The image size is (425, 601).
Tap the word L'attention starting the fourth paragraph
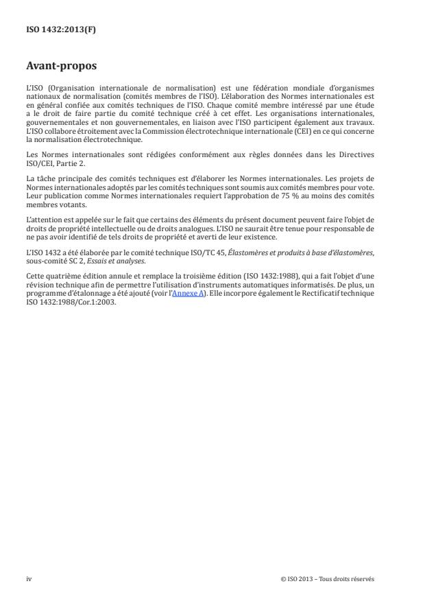(x=43, y=220)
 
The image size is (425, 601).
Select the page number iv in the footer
(x=29, y=578)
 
